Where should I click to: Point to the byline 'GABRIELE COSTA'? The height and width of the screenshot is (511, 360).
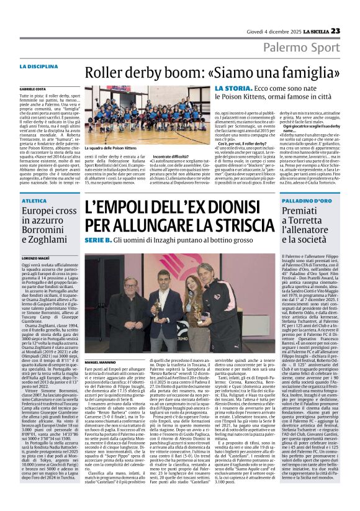[x=50, y=90]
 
